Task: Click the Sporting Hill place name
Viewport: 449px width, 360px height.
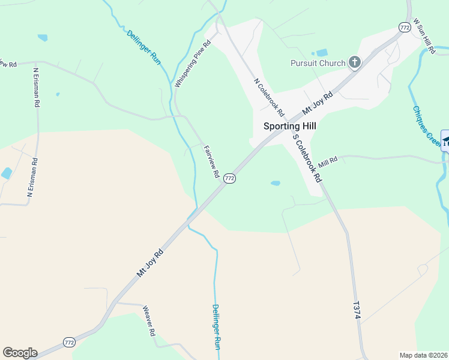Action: (x=289, y=127)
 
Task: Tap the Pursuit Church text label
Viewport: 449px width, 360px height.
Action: (x=318, y=63)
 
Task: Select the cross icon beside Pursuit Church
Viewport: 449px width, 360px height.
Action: (x=355, y=62)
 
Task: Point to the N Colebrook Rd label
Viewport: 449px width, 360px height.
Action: (x=268, y=96)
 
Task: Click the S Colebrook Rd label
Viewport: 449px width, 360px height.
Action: (x=307, y=158)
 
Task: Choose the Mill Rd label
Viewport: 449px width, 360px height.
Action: (x=328, y=161)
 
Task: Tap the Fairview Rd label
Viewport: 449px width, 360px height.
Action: (x=211, y=161)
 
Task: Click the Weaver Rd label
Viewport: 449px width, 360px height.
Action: (x=149, y=321)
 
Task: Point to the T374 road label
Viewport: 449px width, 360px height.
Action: (x=357, y=310)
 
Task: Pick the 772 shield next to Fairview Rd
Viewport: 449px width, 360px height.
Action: (x=229, y=178)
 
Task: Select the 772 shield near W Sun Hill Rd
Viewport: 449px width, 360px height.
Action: (x=404, y=27)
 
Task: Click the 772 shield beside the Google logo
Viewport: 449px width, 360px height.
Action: (x=69, y=342)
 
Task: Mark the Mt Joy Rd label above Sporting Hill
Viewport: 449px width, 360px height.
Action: (x=318, y=103)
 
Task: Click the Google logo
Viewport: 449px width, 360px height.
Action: (x=20, y=353)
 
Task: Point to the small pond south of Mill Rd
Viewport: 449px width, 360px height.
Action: (x=275, y=183)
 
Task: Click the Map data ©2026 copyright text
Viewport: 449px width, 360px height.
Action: (x=423, y=355)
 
